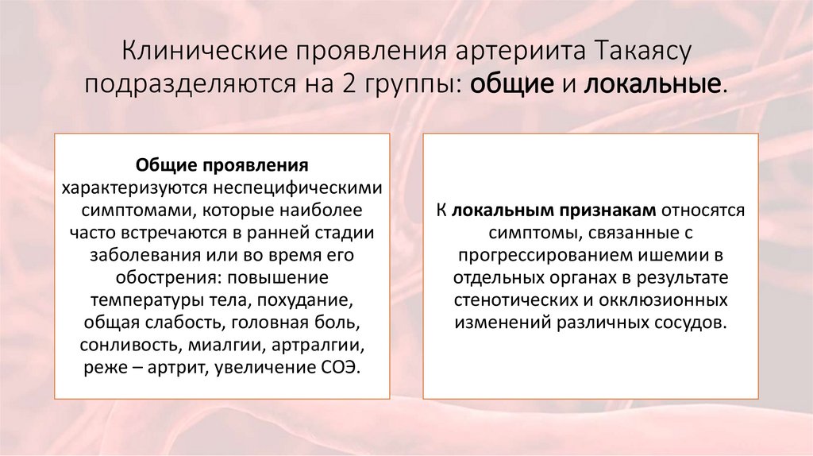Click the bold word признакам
pyautogui.click(x=609, y=211)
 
